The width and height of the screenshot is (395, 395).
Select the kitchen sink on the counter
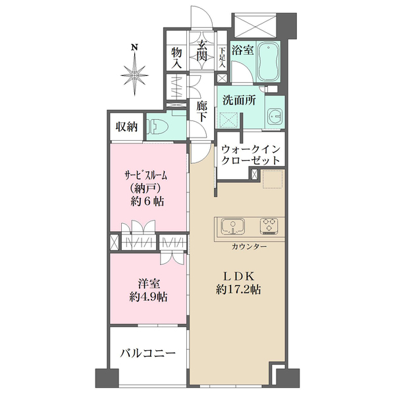tap(233, 226)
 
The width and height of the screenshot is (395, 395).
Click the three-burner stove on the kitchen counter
tap(269, 226)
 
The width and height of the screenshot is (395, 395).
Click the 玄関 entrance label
tap(202, 51)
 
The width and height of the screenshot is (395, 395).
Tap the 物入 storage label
tap(176, 58)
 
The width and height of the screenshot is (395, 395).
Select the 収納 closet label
tap(126, 126)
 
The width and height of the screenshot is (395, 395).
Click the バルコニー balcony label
tap(147, 354)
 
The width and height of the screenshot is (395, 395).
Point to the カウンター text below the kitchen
tap(249, 247)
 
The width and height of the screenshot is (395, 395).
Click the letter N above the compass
tap(135, 47)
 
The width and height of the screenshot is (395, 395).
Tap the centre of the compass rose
tap(135, 75)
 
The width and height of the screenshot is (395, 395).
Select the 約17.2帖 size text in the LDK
tap(238, 290)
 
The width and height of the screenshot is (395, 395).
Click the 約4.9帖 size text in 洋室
tap(148, 298)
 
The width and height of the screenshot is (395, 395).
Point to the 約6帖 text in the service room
tap(147, 201)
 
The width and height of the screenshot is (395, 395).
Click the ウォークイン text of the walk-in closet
tap(251, 149)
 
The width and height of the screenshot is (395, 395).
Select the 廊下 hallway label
tap(202, 112)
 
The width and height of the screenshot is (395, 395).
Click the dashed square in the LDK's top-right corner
tap(273, 179)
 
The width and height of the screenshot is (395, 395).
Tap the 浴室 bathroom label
tap(242, 51)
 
